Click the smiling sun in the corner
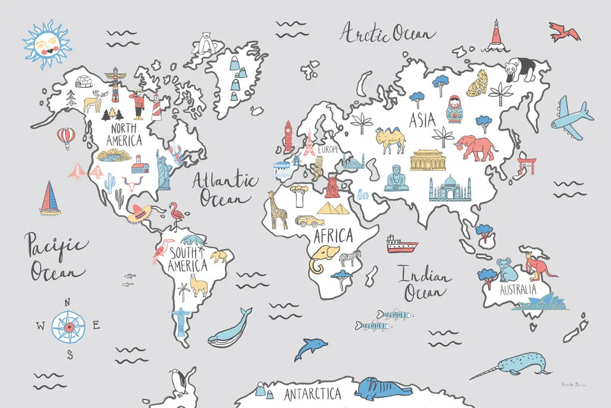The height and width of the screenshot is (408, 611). point(47,45)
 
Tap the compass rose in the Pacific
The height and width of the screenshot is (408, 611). point(69,327)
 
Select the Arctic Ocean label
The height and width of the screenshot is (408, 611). point(387,33)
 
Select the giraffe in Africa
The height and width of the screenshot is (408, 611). point(277,210)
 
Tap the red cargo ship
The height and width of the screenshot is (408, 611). point(401,244)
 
